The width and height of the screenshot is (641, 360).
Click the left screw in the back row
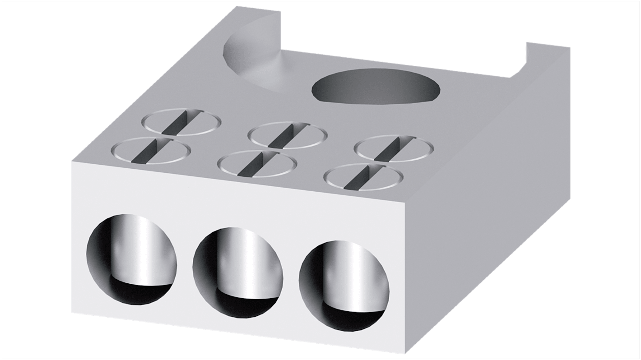pos(181,121)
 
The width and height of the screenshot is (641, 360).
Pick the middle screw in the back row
pos(288,135)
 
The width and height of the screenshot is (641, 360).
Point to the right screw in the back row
pos(394,148)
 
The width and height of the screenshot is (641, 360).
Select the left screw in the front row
pos(150,151)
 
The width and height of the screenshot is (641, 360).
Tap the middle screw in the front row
pos(256,163)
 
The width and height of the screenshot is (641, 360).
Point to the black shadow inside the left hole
pos(135,293)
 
